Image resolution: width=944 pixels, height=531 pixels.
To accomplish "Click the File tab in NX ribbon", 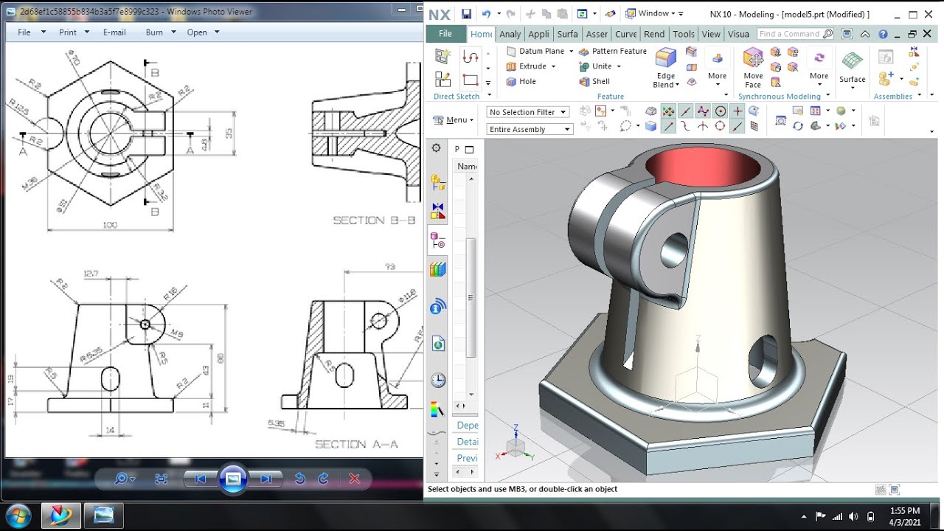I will click(445, 34).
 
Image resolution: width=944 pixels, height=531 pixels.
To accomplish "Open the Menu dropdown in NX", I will click(454, 120).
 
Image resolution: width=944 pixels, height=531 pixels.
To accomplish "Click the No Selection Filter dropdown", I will click(527, 112).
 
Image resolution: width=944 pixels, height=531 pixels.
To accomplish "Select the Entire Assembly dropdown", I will click(530, 130).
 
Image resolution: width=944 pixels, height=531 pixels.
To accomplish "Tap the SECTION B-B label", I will click(374, 221).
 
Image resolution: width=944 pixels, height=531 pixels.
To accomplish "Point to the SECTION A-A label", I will click(356, 444).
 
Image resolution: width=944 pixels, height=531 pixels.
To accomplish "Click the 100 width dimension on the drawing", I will click(110, 225).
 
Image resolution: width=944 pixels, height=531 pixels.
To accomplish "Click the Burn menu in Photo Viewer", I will click(154, 32).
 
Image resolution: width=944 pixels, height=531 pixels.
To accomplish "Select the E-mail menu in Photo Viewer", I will click(114, 32).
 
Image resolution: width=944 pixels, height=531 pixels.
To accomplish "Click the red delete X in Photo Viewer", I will click(354, 479).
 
